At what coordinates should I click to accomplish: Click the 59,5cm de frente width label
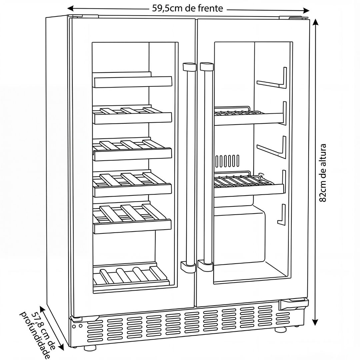pos(187,8)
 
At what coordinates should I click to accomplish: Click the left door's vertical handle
pos(189,167)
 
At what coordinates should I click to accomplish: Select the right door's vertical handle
pos(206,167)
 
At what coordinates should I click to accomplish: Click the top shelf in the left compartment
pos(133,81)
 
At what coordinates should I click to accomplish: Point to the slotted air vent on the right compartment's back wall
pos(227,161)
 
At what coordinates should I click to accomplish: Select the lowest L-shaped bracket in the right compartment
pos(282,214)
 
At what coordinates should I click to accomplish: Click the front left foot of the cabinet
pos(89,348)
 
